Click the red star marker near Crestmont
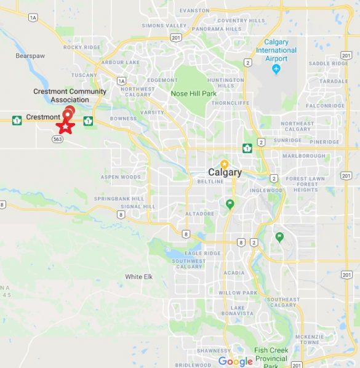point(65,126)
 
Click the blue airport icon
point(276,68)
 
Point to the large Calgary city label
point(225,173)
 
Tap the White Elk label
point(138,277)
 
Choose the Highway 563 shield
point(58,139)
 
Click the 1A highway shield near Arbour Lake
point(121,81)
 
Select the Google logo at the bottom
point(236,362)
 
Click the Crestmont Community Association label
point(70,95)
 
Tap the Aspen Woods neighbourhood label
point(121,177)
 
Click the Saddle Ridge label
point(328,63)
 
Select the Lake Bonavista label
point(241,310)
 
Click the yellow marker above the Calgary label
point(225,164)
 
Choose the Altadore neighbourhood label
point(199,214)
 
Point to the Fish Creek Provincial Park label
point(271,358)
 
